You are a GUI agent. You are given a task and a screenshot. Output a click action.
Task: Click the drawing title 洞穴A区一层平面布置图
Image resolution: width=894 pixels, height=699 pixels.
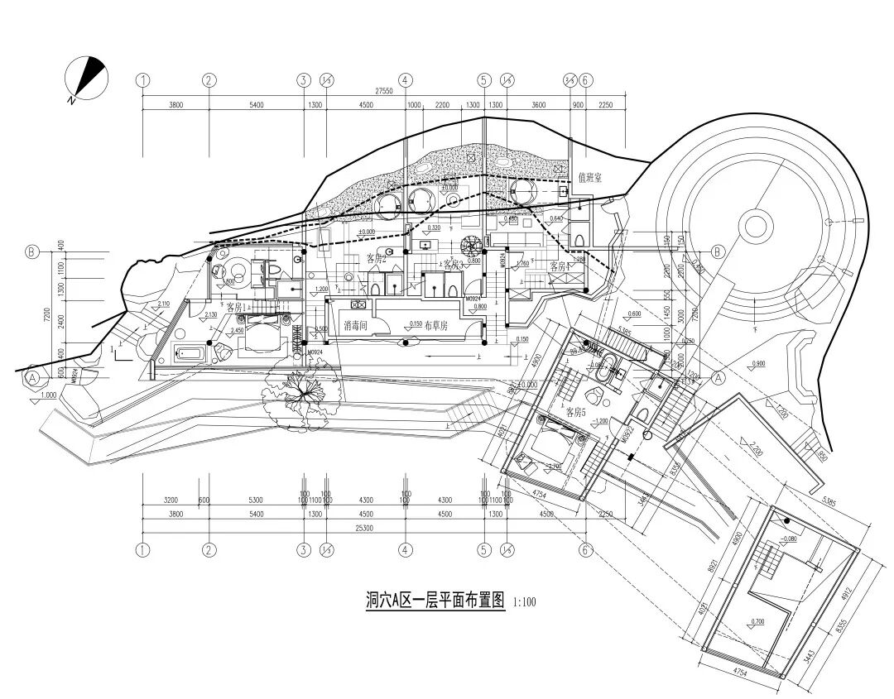point(435,600)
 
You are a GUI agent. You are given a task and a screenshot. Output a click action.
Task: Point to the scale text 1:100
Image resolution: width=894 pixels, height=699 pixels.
point(525,602)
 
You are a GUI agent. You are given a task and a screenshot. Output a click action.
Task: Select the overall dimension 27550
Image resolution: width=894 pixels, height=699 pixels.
point(382,91)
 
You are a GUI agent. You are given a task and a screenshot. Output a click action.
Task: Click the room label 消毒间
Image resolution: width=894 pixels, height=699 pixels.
point(356,327)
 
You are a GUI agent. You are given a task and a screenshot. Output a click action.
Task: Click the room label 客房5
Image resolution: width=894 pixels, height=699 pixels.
point(576,412)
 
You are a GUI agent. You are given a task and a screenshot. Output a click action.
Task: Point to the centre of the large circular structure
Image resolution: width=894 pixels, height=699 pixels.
point(756,225)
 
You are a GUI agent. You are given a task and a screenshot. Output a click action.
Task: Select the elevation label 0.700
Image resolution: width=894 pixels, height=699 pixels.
point(757,620)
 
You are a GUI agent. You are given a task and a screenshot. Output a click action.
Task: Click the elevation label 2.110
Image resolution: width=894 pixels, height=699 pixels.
point(162,304)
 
